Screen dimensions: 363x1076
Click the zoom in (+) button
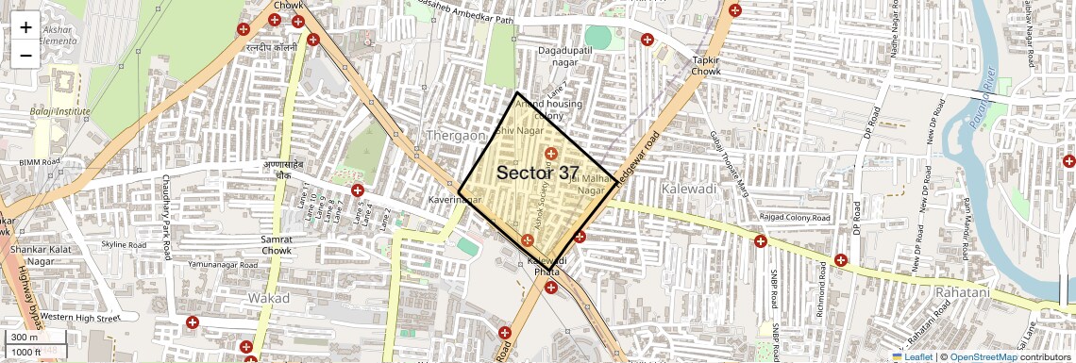click(x=25, y=26)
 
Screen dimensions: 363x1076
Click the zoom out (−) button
click(x=25, y=55)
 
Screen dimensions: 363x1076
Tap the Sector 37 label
click(x=538, y=173)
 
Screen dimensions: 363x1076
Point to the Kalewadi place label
click(x=688, y=189)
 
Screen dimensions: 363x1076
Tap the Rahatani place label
click(x=962, y=293)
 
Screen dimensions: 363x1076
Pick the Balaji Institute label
click(x=59, y=111)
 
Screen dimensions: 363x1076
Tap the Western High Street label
click(x=80, y=317)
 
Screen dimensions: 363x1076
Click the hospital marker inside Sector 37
click(x=551, y=153)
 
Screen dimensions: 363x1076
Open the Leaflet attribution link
click(x=912, y=357)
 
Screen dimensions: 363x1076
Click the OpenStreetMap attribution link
click(x=983, y=357)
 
